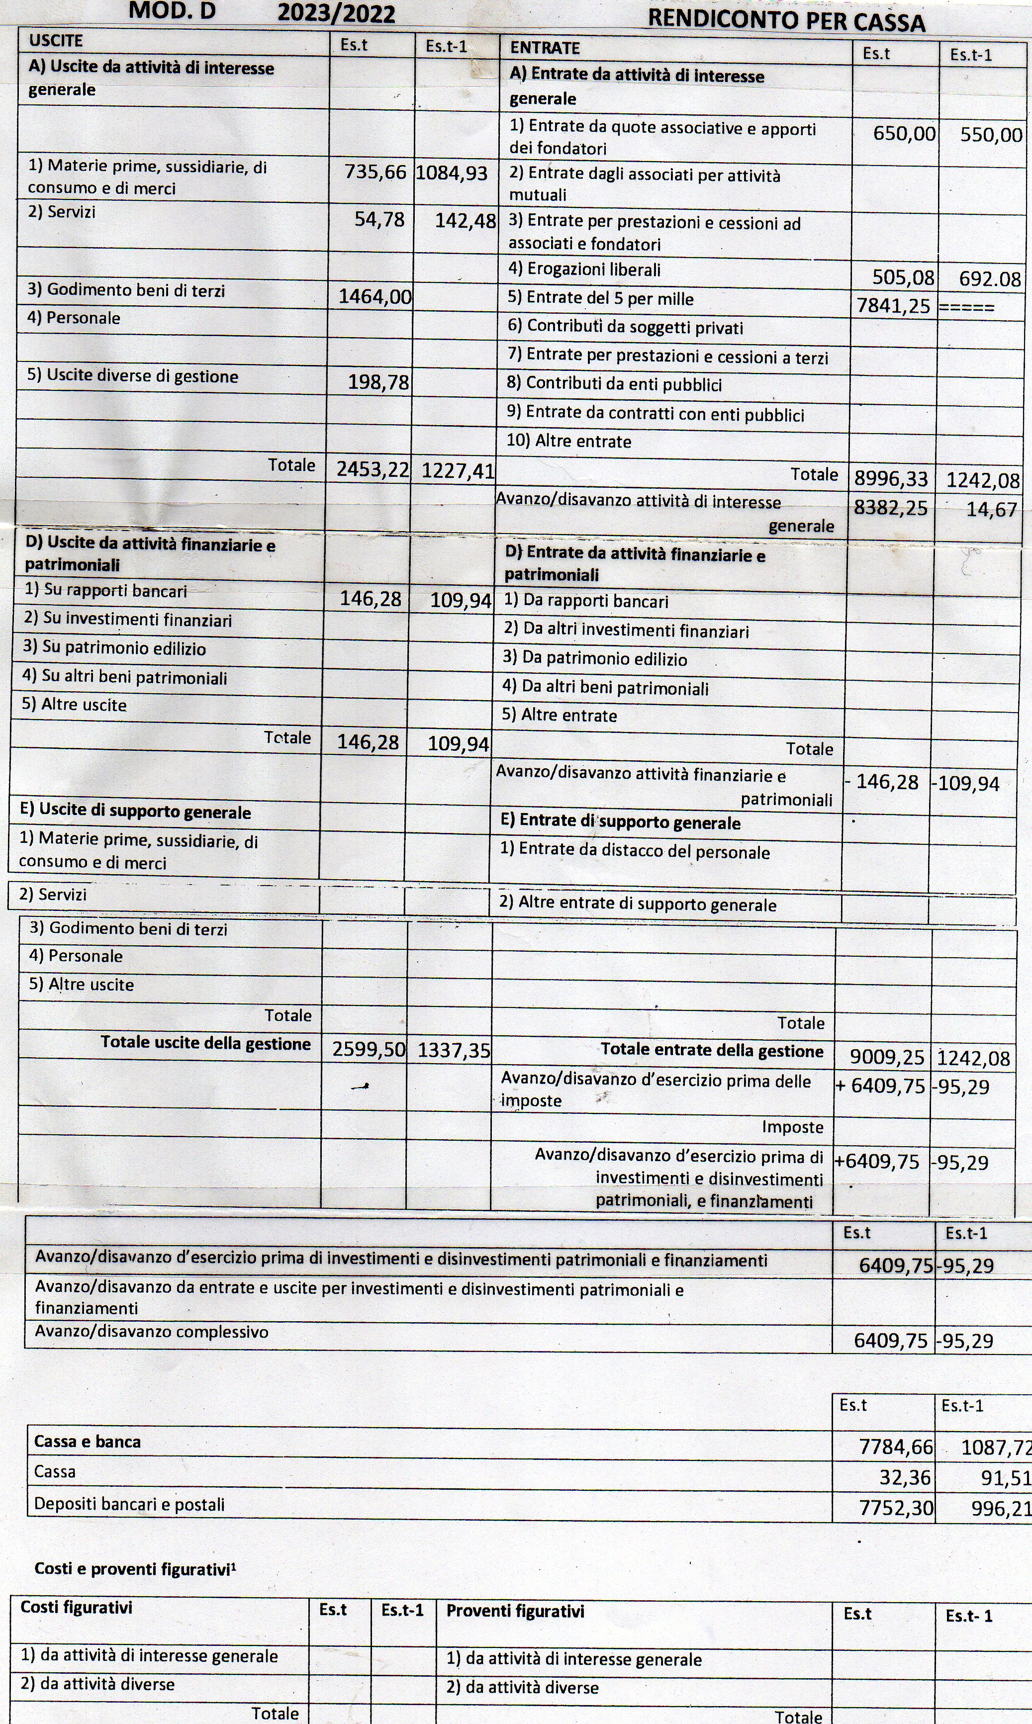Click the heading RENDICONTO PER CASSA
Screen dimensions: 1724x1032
(x=786, y=21)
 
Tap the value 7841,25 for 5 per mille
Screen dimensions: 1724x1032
(x=893, y=306)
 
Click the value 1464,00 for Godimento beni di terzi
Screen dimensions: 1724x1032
(x=375, y=297)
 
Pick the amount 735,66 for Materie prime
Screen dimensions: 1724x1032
(x=375, y=173)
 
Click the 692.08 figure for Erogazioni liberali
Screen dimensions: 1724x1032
(x=990, y=279)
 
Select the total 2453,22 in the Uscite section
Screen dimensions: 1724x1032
(x=373, y=469)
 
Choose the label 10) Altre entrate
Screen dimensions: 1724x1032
(x=569, y=442)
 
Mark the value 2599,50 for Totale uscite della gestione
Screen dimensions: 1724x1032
(x=368, y=1049)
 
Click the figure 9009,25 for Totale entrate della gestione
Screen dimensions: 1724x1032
(x=887, y=1057)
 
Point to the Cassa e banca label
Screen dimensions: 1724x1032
(x=87, y=1442)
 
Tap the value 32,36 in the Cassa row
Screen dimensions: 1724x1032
(x=904, y=1477)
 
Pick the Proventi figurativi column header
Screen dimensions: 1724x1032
(x=515, y=1612)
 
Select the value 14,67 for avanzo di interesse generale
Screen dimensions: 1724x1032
(x=992, y=510)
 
